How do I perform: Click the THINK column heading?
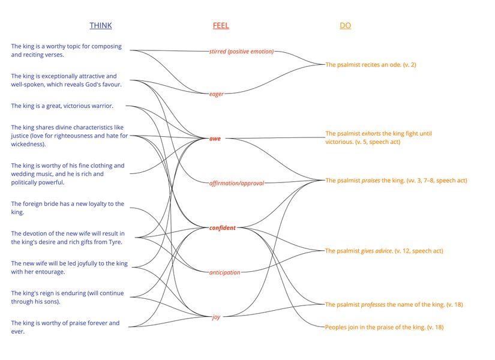coord(100,26)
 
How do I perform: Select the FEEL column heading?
coord(221,26)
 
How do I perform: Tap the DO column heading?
coord(345,26)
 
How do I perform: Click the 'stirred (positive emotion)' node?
coord(241,52)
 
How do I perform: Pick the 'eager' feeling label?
coord(216,94)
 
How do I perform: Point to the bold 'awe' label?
coord(215,139)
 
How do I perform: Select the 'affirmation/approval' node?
coord(236,182)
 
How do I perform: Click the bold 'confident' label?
coord(223,228)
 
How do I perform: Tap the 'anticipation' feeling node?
coord(224,272)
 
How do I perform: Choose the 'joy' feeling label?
coord(216,317)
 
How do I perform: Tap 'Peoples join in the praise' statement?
coord(384,328)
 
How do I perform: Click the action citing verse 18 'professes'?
coord(394,305)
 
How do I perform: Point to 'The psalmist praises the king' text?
coord(396,180)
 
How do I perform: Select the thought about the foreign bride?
coord(67,208)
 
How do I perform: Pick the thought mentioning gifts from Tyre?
coord(67,238)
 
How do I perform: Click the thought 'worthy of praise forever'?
coord(65,327)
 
